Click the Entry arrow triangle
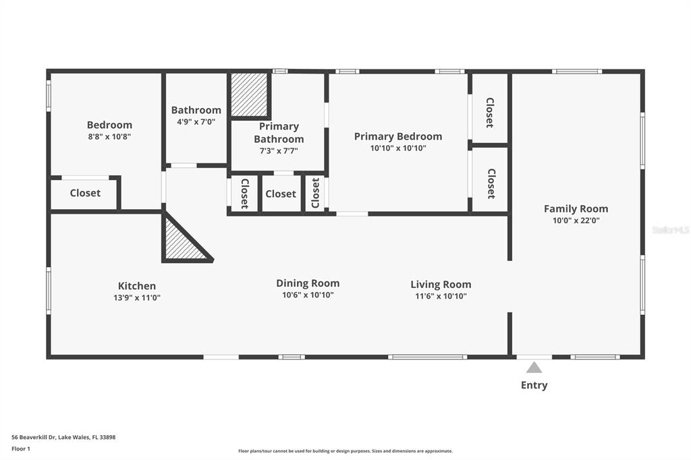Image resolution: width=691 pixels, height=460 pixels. [x=534, y=368]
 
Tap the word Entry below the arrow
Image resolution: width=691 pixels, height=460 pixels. [x=534, y=385]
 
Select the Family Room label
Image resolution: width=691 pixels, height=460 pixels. [x=576, y=208]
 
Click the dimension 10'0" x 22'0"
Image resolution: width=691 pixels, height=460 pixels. [x=576, y=221]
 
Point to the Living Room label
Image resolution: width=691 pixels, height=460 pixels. [x=441, y=284]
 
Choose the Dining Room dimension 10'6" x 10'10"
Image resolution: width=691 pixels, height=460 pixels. [x=308, y=295]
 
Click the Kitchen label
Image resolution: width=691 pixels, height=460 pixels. [x=136, y=286]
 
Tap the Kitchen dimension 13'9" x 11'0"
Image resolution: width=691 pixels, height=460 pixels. [x=136, y=297]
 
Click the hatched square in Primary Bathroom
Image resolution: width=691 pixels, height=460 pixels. [x=249, y=94]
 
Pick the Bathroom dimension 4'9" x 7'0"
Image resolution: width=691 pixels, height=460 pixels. [x=196, y=121]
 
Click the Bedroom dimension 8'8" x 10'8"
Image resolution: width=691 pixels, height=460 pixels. [x=109, y=137]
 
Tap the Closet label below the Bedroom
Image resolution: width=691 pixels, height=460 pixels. [x=85, y=193]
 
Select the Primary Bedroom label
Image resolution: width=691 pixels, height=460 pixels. [x=398, y=137]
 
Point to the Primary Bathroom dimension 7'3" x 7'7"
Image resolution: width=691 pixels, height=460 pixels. [x=279, y=150]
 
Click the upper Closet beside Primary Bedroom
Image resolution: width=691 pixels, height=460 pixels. [x=490, y=113]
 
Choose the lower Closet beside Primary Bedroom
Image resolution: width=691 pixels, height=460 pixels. [x=491, y=183]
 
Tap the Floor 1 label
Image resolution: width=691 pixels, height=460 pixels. [x=21, y=449]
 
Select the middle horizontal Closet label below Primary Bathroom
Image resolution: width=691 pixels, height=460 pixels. [x=281, y=194]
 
